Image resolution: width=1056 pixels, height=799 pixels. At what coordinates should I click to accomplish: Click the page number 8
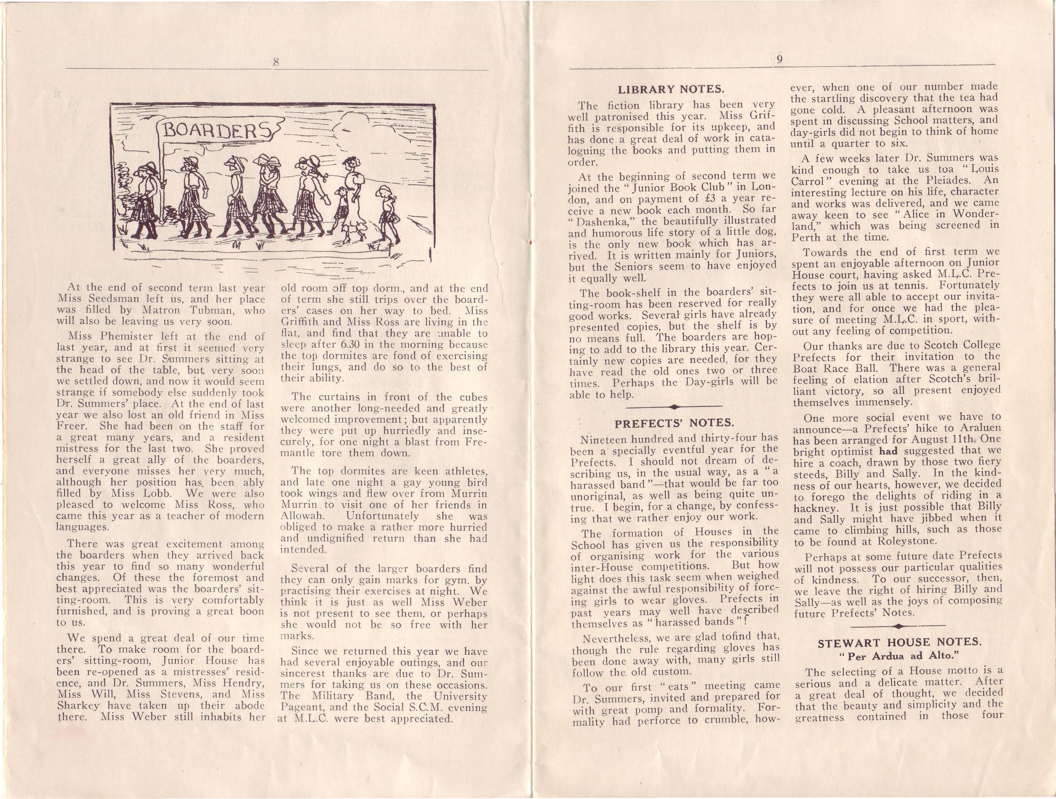(x=275, y=62)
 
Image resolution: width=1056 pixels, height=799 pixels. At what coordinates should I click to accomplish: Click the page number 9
(x=779, y=59)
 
